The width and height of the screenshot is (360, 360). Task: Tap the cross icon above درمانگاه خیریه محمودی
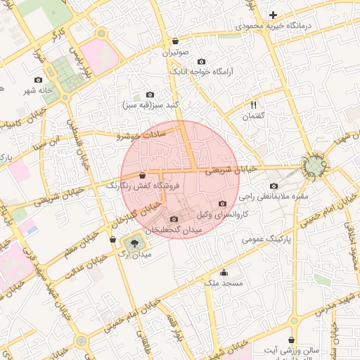pyautogui.click(x=274, y=15)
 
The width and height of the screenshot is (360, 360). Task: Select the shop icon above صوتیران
pyautogui.click(x=175, y=41)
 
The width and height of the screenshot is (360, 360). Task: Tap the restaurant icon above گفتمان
pyautogui.click(x=253, y=105)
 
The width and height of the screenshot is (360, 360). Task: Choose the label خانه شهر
pyautogui.click(x=37, y=91)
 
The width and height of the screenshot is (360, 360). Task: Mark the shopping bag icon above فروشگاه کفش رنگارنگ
pyautogui.click(x=143, y=175)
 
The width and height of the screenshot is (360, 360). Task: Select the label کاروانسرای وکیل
pyautogui.click(x=222, y=213)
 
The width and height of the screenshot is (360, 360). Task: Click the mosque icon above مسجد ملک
pyautogui.click(x=224, y=273)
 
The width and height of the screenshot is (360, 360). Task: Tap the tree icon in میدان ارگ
pyautogui.click(x=131, y=243)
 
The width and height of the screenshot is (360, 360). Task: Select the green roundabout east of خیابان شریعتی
pyautogui.click(x=314, y=166)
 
